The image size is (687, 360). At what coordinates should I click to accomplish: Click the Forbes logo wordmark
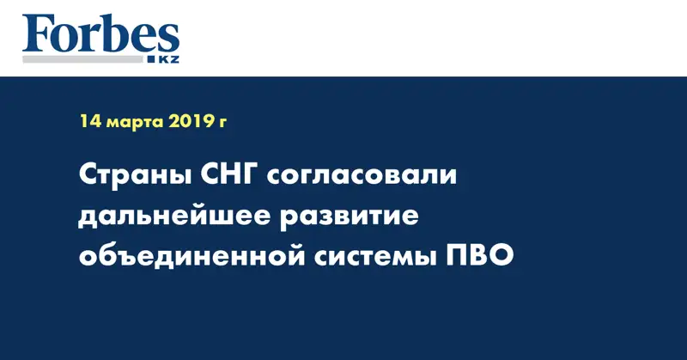coord(100,35)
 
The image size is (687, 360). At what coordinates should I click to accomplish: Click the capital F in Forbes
coord(36,35)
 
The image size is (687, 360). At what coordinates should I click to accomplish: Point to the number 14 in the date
coord(90,121)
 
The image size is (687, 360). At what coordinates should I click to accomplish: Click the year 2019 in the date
coord(191,121)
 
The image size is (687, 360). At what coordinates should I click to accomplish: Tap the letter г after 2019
coord(222,123)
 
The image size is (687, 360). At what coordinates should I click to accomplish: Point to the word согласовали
coord(363,178)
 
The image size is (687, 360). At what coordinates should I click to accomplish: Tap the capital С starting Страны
coord(88,176)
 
